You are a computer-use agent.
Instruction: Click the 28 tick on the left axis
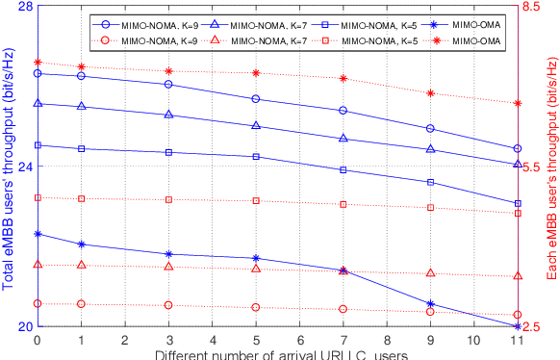(x=24, y=7)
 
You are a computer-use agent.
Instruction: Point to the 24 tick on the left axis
(x=24, y=167)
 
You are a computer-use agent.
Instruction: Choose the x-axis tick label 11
(x=517, y=341)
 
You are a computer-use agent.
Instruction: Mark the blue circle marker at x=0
(x=38, y=73)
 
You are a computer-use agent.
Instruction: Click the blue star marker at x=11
(x=517, y=326)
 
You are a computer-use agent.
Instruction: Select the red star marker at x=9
(x=430, y=93)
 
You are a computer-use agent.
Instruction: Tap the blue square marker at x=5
(x=256, y=156)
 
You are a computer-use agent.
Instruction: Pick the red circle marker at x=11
(x=517, y=315)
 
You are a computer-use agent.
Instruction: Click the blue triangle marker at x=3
(x=168, y=115)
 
